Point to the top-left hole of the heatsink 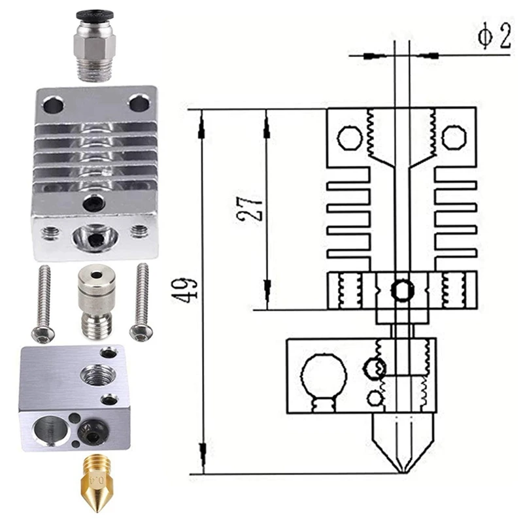(x=53, y=105)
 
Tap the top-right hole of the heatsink (x=139, y=103)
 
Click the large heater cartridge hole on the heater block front (x=50, y=430)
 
